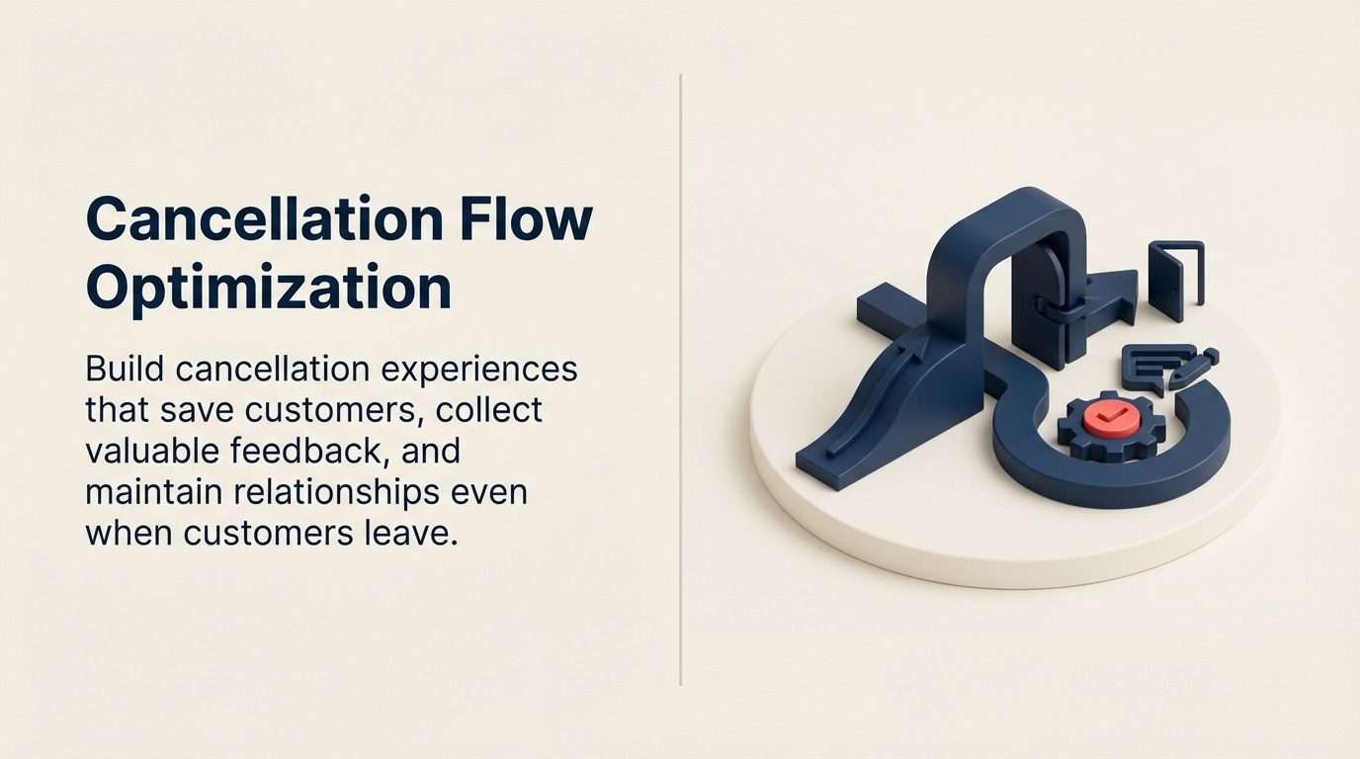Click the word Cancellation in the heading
[x=265, y=218]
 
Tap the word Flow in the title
[x=526, y=218]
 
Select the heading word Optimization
[x=269, y=288]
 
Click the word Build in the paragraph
[x=124, y=370]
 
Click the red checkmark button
[x=1111, y=418]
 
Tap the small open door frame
[x=1175, y=280]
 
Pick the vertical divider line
[x=681, y=379]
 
